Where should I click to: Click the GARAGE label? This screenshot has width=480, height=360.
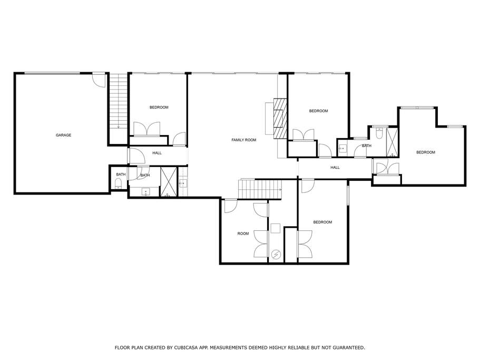(63, 135)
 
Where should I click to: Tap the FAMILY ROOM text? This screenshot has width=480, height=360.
(243, 140)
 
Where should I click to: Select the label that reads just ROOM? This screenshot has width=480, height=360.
(243, 233)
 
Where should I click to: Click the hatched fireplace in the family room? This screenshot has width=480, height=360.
(280, 119)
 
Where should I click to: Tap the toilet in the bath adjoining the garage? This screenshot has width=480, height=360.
(118, 184)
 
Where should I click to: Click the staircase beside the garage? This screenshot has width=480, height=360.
(119, 101)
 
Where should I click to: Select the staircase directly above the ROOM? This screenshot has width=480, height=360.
(260, 189)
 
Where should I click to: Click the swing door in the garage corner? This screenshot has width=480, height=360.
(99, 80)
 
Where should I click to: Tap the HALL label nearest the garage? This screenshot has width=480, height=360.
(157, 153)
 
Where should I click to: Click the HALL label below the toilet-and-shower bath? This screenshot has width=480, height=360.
(335, 168)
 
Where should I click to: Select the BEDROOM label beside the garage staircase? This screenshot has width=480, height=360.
(159, 108)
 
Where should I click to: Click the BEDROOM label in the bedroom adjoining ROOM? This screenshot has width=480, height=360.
(322, 222)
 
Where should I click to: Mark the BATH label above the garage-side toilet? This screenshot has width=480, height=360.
(121, 174)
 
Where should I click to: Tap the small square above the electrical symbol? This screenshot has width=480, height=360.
(275, 228)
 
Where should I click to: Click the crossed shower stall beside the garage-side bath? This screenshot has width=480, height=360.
(169, 182)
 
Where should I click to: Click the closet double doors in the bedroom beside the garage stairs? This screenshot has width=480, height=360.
(147, 129)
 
